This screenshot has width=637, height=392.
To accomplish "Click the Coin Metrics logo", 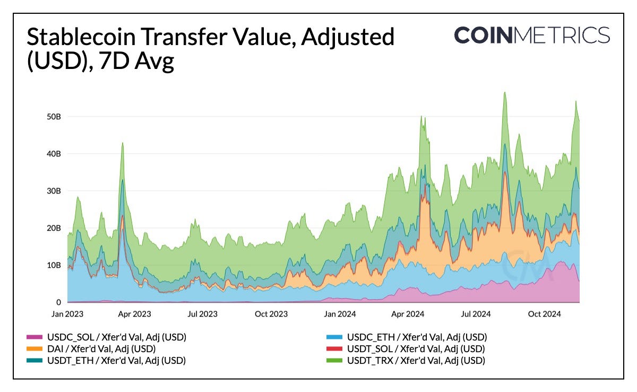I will point(532,36).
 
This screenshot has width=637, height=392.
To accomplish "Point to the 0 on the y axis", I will point(59,302).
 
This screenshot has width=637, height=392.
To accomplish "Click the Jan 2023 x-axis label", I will point(67,314).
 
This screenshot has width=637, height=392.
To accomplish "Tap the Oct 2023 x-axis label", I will point(271,314).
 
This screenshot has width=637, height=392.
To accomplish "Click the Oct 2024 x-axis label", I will point(544,314).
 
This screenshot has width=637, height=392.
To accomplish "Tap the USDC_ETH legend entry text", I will point(417,337).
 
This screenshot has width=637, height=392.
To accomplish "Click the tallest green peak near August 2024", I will point(504,94).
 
